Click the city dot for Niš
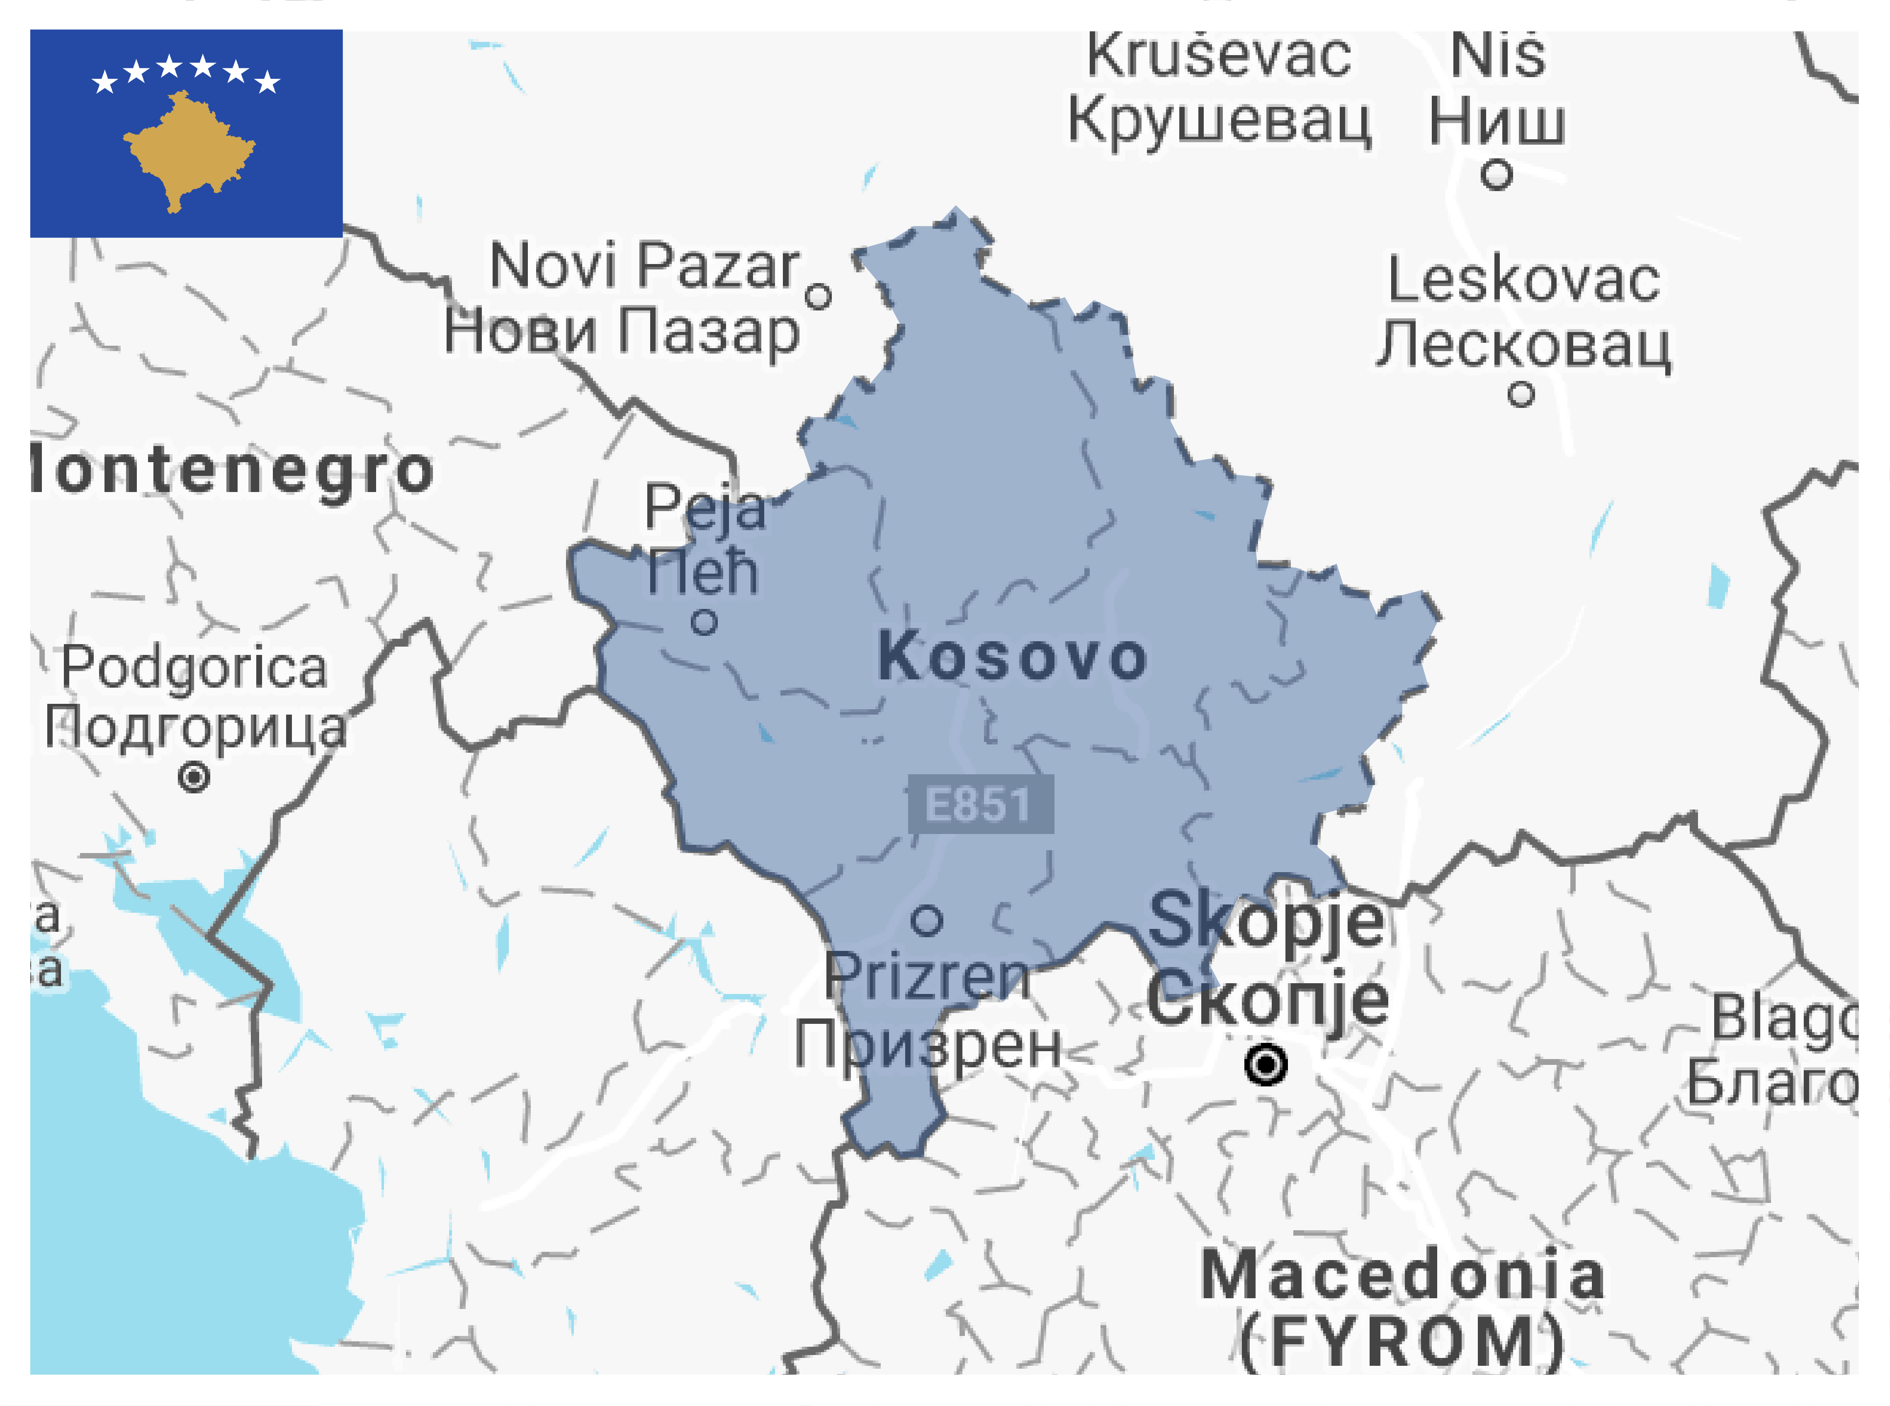pos(1496,175)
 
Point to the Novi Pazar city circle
pos(817,297)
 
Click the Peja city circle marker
pos(703,623)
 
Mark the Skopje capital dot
pos(1265,1064)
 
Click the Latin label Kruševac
pos(1218,56)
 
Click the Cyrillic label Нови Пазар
pos(622,331)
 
